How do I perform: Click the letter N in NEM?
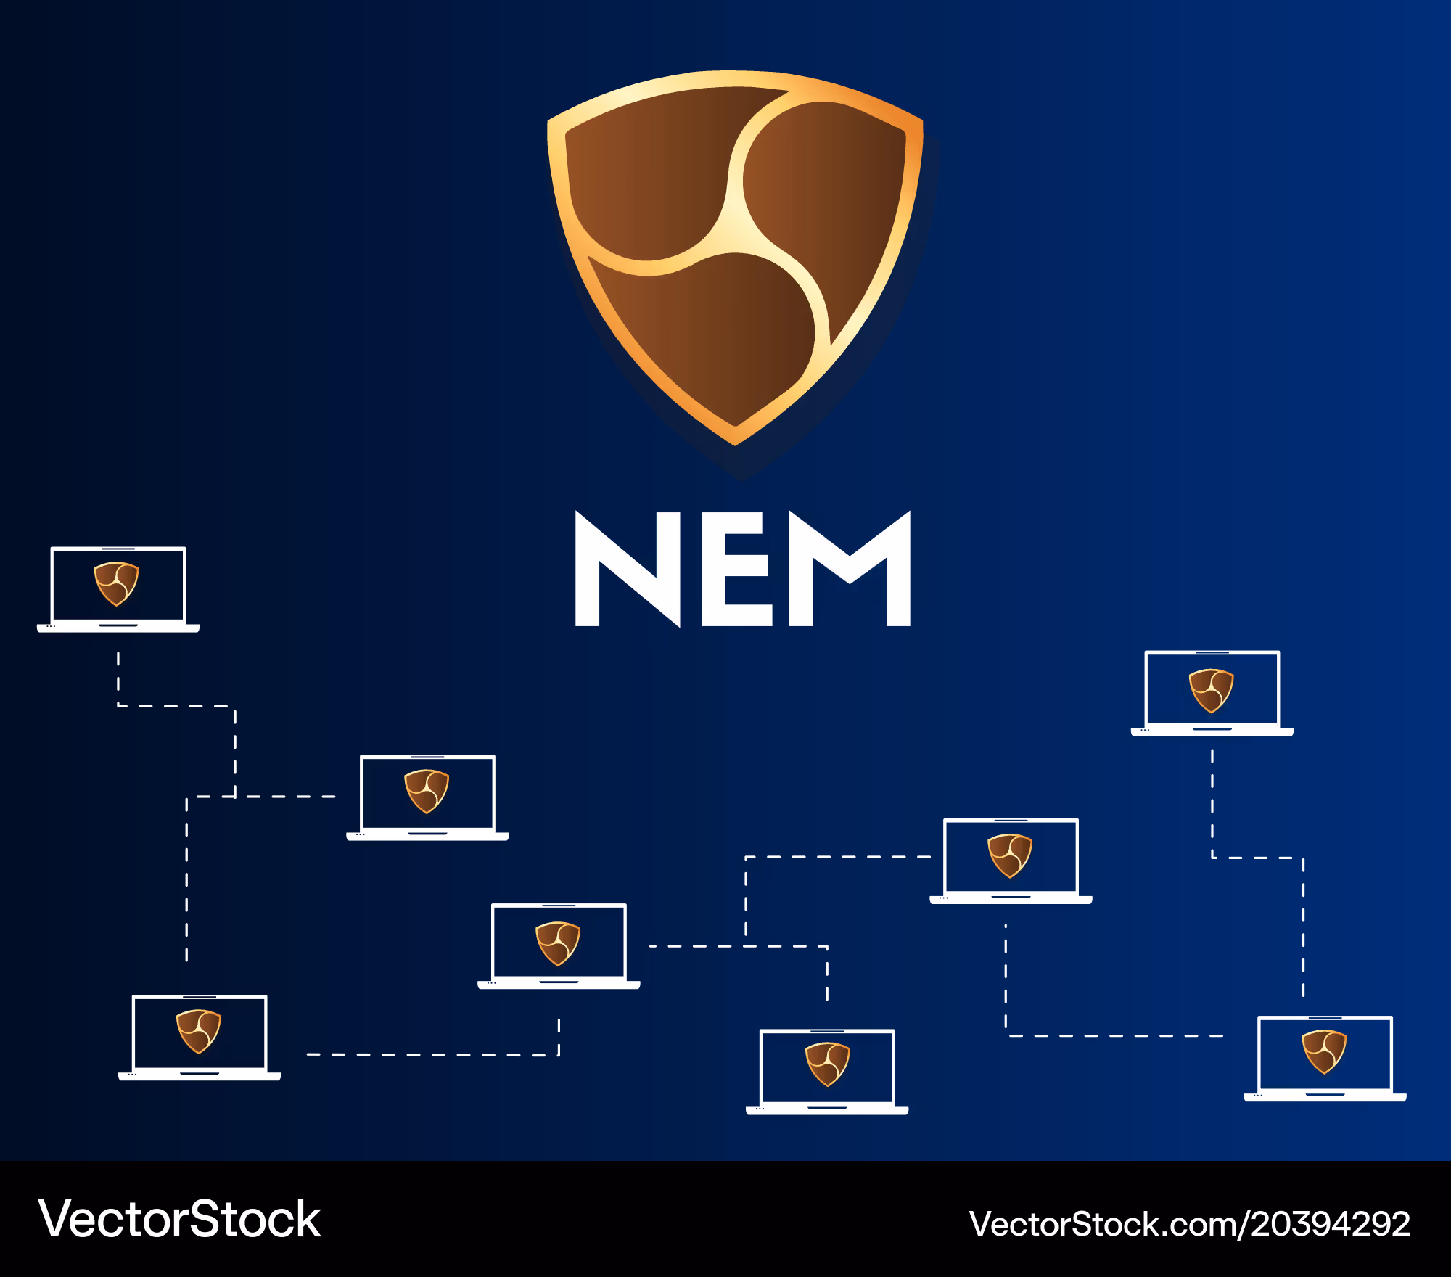pos(628,569)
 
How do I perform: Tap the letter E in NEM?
pos(736,569)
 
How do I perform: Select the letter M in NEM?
pos(850,569)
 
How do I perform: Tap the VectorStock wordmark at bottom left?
pos(179,1219)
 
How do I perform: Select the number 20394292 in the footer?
pos(1331,1224)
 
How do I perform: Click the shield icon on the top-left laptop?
pos(116,583)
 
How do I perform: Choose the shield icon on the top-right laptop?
pos(1211,691)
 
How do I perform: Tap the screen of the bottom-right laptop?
pos(1325,1054)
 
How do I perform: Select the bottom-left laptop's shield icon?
pos(199,1031)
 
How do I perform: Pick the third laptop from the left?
pos(427,797)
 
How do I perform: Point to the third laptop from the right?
pos(1011,861)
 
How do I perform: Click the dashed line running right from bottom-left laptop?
pos(433,1054)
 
